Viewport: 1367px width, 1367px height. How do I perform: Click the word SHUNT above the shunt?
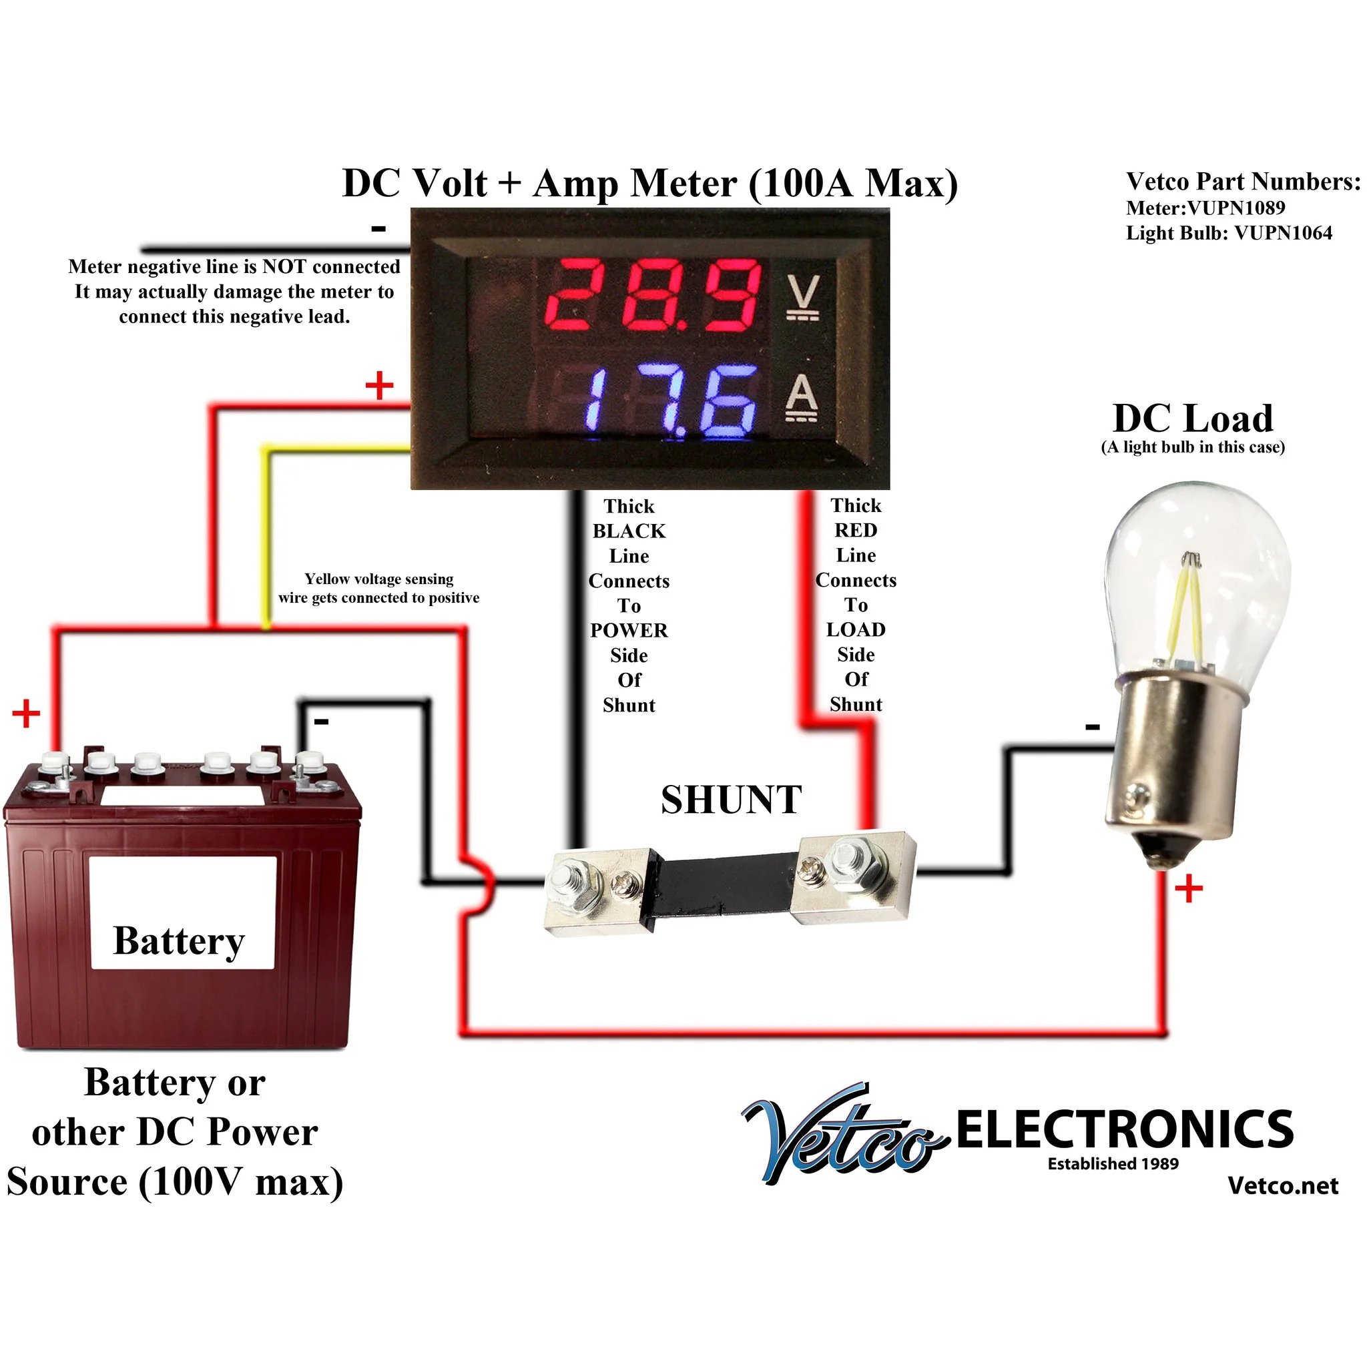point(731,800)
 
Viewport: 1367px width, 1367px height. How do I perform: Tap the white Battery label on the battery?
point(182,912)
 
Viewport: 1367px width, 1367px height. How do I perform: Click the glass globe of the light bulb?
point(1197,580)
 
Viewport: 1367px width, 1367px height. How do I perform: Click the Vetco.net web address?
point(1283,1185)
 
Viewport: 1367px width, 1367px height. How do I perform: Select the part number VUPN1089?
point(1236,208)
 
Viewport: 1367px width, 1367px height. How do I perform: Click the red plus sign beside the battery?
point(26,714)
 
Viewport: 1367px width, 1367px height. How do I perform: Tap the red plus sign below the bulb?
point(1189,888)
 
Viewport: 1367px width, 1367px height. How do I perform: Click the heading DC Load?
point(1193,418)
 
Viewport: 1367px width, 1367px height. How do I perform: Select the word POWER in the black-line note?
point(629,630)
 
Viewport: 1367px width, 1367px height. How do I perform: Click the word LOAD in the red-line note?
point(856,629)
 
